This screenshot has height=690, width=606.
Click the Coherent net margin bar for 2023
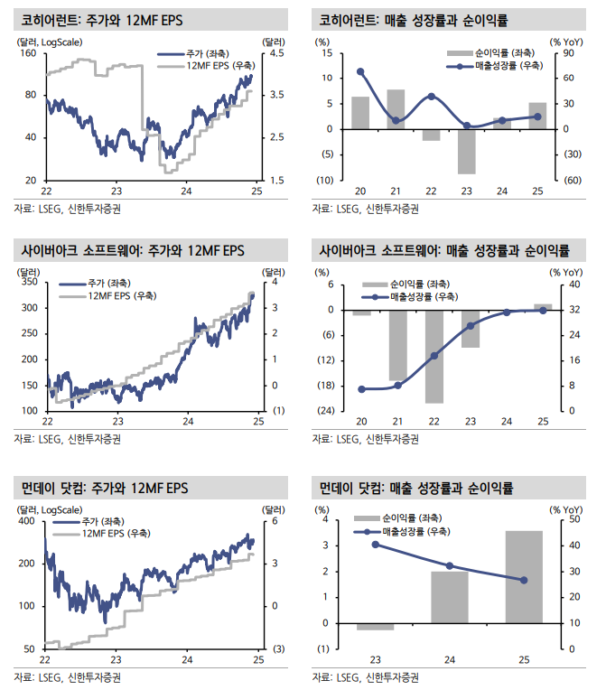467,152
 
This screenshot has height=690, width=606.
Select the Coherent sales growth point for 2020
360,71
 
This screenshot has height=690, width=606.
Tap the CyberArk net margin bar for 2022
434,357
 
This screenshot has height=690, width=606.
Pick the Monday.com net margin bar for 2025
524,577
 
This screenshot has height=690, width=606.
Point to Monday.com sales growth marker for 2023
376,545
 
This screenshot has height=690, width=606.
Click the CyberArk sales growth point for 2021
398,386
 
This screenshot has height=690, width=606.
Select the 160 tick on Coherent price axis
31,53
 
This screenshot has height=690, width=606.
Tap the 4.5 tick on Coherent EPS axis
277,53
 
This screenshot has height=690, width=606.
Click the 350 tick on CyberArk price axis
30,282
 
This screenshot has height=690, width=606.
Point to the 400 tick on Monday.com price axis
27,521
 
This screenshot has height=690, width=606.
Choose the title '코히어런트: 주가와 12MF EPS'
102,20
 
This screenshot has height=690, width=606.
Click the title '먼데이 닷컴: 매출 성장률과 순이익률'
416,488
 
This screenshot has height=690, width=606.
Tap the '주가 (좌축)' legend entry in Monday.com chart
89,522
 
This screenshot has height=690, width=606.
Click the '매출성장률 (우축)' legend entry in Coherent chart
495,66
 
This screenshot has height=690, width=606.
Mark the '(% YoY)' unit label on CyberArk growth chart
566,273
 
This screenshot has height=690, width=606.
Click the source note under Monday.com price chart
68,676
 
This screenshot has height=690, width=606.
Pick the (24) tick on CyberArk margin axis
326,411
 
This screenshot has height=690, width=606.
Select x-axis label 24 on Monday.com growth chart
450,659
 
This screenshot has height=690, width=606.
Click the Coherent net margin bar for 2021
396,109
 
